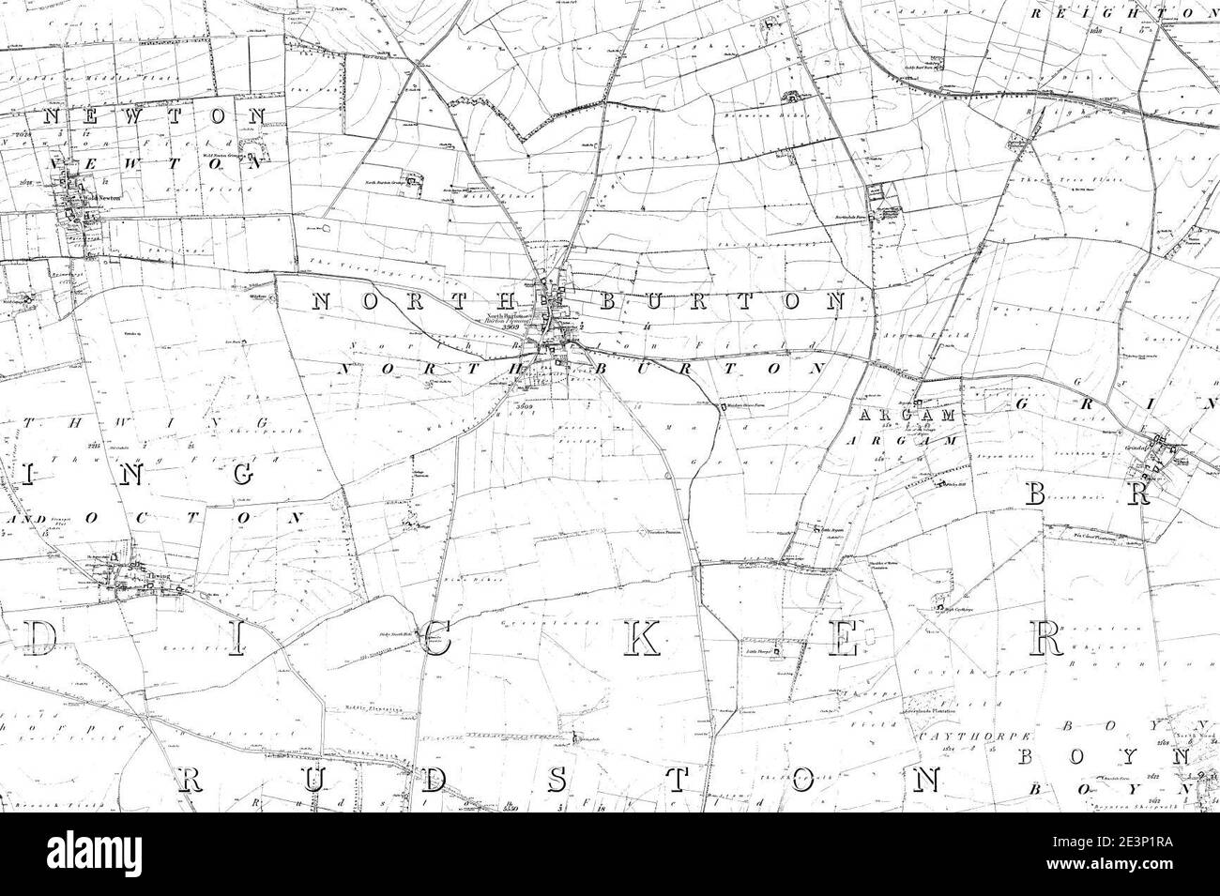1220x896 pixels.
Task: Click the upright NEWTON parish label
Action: click(155, 116)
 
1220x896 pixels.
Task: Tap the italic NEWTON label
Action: click(155, 162)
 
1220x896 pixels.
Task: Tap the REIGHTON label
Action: click(1124, 14)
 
